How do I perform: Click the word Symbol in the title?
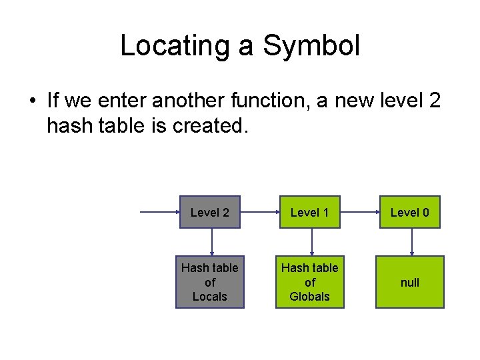[x=311, y=46]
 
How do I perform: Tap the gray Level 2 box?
[x=210, y=213]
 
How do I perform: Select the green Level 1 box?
[x=310, y=213]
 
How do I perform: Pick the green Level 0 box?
[x=410, y=213]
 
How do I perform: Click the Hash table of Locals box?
[x=210, y=282]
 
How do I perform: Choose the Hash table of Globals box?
[x=310, y=282]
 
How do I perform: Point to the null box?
[x=410, y=282]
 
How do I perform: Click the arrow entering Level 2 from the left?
[x=160, y=213]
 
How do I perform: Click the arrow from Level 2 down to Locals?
[x=211, y=242]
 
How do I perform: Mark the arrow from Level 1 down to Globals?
[x=311, y=242]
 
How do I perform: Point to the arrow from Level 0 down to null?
[x=411, y=242]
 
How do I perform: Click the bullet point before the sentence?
[x=32, y=102]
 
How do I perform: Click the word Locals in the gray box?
[x=210, y=297]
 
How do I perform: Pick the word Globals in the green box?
[x=310, y=297]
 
